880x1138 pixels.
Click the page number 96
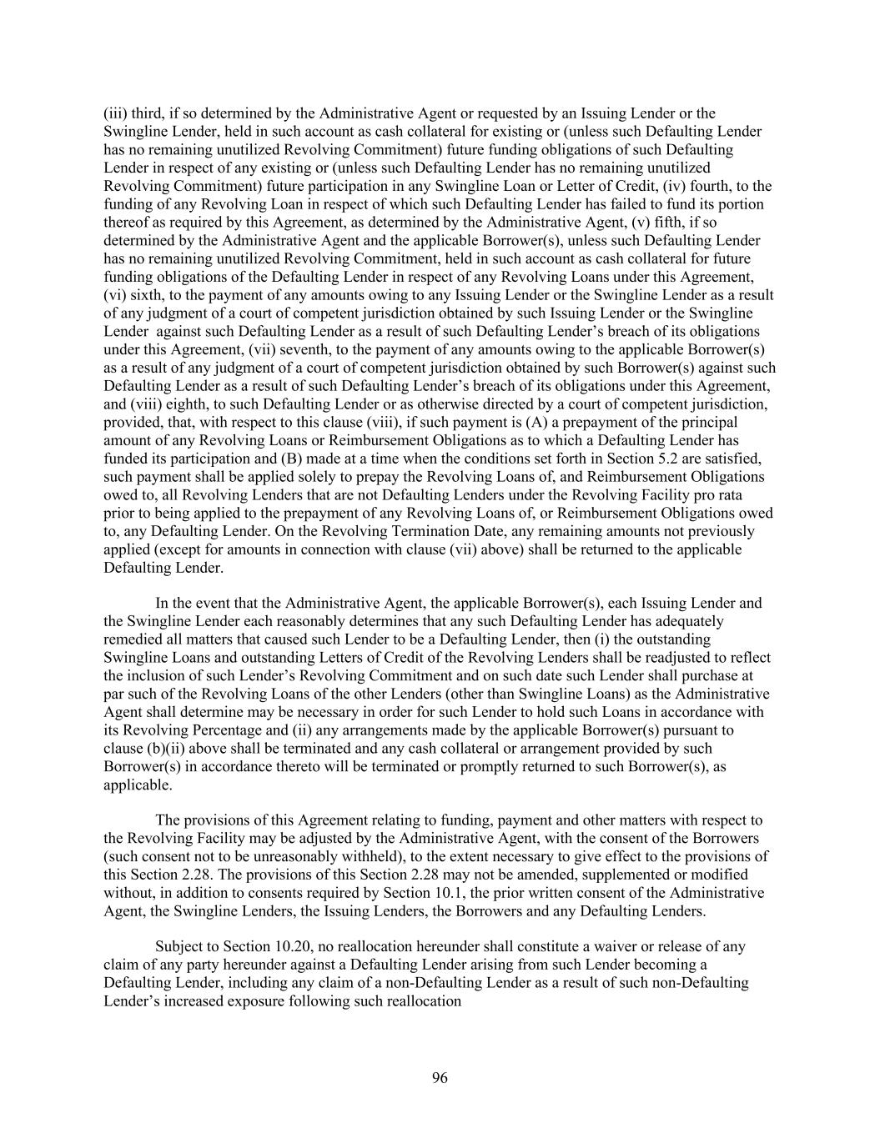tap(440, 1078)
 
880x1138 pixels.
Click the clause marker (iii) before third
tap(114, 113)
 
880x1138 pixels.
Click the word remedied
tap(133, 639)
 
